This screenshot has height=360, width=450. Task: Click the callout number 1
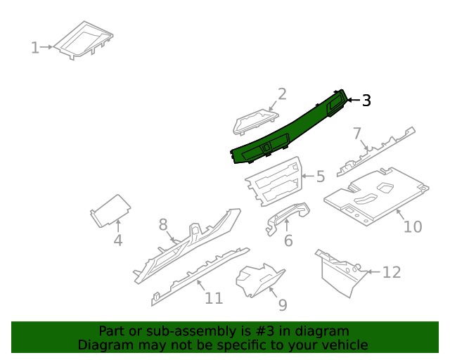coord(34,48)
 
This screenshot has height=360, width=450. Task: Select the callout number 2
coord(282,94)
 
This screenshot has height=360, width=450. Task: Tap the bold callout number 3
coord(366,101)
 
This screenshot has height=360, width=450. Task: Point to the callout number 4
coord(118,240)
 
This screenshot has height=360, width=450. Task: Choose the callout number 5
coord(321,176)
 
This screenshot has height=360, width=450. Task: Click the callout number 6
coord(288,241)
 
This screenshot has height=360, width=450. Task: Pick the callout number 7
coord(357,134)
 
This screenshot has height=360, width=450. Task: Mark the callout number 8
coord(163,225)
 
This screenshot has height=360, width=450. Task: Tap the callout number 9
coord(283,304)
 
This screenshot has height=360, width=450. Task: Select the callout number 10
coord(413,226)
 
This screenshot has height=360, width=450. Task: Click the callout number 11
coord(214,298)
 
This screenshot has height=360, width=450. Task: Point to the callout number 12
coord(391,272)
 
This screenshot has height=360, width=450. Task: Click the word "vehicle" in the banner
coord(340,345)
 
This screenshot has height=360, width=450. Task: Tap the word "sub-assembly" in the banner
coord(177,330)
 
